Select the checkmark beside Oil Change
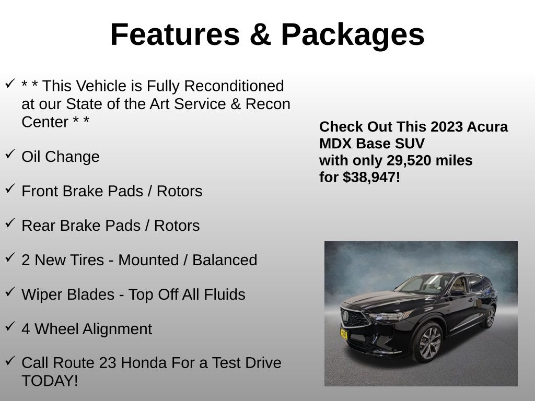pyautogui.click(x=10, y=153)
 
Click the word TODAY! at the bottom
pyautogui.click(x=50, y=381)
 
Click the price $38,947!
pyautogui.click(x=371, y=177)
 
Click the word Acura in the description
pyautogui.click(x=488, y=126)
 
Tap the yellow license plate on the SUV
pyautogui.click(x=344, y=334)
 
